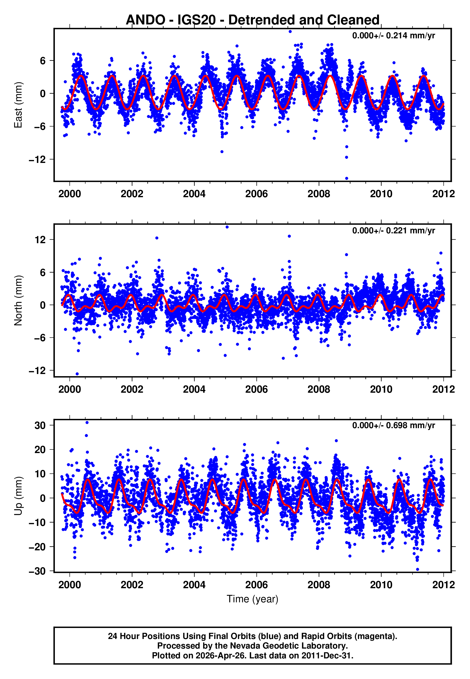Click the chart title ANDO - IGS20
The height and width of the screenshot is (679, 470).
[x=252, y=20]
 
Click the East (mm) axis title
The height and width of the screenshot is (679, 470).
[x=18, y=105]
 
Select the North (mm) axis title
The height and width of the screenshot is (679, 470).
[x=18, y=300]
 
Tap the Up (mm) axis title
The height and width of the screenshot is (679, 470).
[x=18, y=496]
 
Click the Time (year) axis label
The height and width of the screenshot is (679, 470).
[x=252, y=599]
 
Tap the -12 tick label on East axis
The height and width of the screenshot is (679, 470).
[x=37, y=160]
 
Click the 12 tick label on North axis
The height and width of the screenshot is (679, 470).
[x=40, y=240]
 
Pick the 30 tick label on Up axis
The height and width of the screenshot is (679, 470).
[x=40, y=426]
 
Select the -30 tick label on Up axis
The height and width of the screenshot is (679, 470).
[x=37, y=571]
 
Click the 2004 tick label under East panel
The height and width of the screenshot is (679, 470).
[x=194, y=194]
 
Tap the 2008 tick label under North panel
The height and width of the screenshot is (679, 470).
[x=319, y=389]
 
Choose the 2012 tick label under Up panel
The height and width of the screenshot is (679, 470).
[x=443, y=585]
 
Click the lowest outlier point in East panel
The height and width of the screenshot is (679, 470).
[x=347, y=178]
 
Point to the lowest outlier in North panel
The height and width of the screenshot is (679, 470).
[x=77, y=374]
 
